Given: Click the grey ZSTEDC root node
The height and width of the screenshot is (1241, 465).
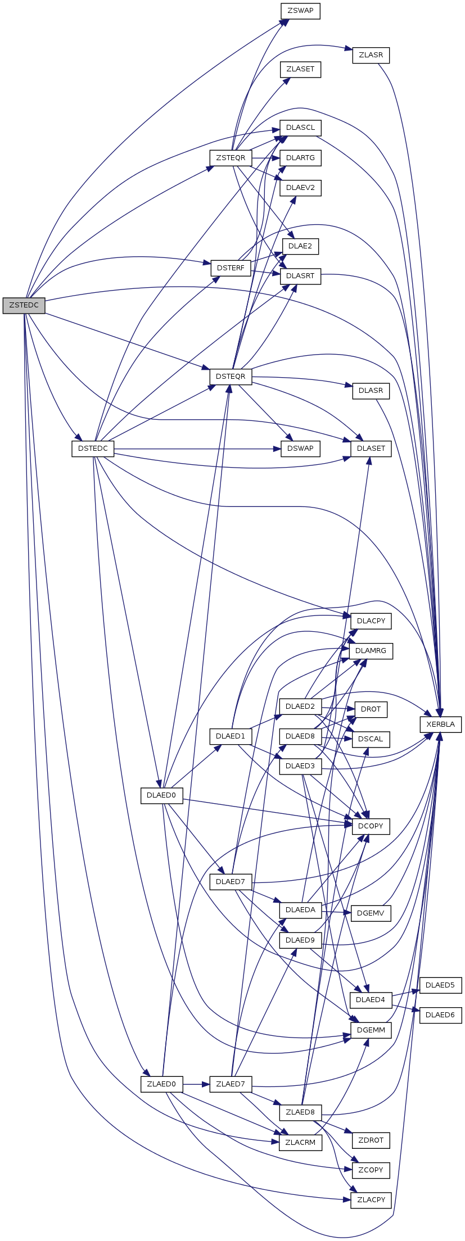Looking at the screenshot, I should [24, 305].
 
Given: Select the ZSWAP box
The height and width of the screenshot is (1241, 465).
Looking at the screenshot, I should [300, 11].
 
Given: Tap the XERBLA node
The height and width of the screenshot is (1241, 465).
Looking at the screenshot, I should [440, 724].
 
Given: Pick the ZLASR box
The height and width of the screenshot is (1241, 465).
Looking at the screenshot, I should [371, 55].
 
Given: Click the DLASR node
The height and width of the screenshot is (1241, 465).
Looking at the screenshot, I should [371, 390].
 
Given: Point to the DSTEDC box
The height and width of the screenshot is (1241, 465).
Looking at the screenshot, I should [93, 449].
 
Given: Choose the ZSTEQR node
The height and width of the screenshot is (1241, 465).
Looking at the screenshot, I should [231, 158].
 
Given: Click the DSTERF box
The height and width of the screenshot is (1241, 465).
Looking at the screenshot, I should [231, 268].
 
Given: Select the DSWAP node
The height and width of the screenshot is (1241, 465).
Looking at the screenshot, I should [300, 449].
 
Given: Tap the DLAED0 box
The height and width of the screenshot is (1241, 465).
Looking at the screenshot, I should [161, 795].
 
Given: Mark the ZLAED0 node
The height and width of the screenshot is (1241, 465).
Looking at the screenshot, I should [161, 1084].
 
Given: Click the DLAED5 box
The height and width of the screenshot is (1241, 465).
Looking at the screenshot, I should [440, 985].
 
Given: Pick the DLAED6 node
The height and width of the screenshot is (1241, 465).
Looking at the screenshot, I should [440, 1014].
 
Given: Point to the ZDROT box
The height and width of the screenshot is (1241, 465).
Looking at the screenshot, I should [371, 1140].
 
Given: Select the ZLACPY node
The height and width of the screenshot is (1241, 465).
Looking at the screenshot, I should [371, 1199].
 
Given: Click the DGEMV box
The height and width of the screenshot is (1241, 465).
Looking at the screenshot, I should [371, 913].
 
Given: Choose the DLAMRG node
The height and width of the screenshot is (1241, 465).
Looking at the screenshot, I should [371, 651].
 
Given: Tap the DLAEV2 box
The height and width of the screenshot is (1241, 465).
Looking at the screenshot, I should [300, 188].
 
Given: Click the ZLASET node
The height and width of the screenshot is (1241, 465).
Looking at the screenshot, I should [300, 69].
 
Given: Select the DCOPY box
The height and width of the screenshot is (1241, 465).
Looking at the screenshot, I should [371, 826].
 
